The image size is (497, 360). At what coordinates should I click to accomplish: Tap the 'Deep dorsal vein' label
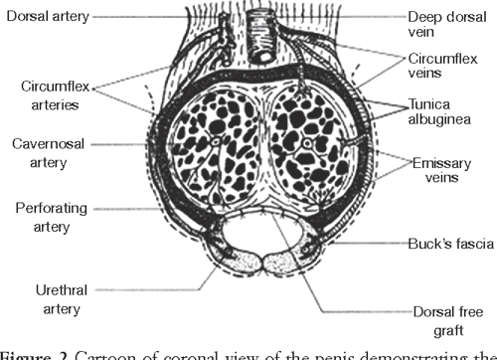(437, 25)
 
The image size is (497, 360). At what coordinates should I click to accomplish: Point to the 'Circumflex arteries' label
(52, 92)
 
